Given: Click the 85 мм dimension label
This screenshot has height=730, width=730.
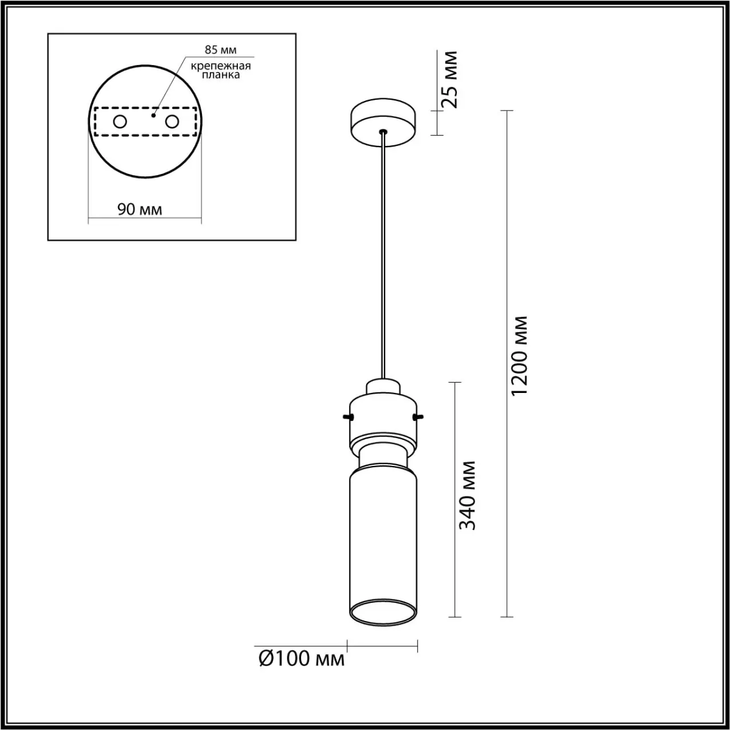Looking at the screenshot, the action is (221, 50).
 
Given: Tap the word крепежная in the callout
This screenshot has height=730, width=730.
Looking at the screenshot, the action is (221, 66).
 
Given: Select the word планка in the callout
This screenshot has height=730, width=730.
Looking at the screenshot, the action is (221, 75).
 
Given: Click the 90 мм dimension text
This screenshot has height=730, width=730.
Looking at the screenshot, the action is (140, 209).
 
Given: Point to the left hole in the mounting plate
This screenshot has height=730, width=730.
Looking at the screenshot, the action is (120, 122).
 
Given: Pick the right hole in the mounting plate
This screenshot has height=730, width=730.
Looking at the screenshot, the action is (172, 122).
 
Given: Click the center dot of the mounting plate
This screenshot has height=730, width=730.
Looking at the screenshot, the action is (153, 115).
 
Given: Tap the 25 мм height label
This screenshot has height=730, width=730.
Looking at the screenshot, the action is (449, 79).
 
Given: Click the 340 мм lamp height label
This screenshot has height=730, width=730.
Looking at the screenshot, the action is (467, 496).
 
